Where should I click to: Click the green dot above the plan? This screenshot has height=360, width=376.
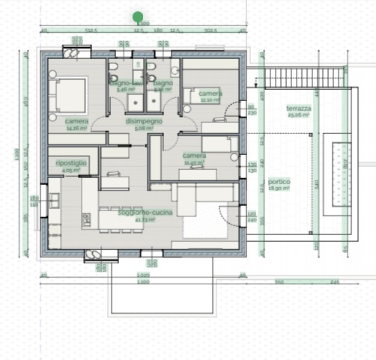click(x=138, y=16)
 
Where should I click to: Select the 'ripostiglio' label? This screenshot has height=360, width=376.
click(x=71, y=162)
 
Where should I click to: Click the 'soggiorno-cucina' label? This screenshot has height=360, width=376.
click(x=136, y=213)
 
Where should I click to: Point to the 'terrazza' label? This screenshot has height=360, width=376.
click(x=299, y=109)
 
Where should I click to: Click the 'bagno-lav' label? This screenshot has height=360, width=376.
click(x=124, y=82)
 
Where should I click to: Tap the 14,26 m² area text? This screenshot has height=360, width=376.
click(x=76, y=128)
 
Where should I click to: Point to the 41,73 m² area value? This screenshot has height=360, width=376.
click(x=136, y=219)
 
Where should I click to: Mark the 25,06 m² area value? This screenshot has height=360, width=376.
click(x=299, y=116)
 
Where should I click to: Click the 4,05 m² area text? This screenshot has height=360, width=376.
click(x=71, y=170)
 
